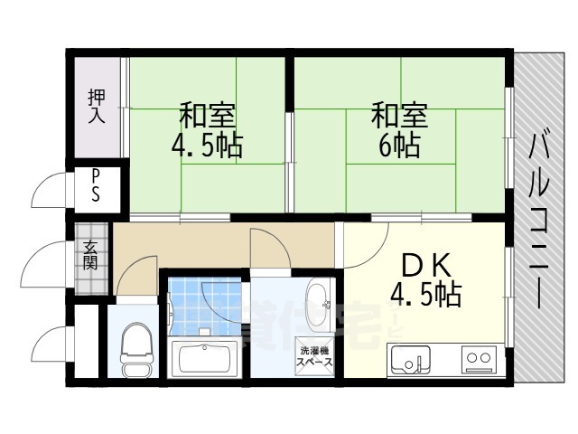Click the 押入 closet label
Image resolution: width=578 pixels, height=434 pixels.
97,107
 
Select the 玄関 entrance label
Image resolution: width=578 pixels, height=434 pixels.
91,256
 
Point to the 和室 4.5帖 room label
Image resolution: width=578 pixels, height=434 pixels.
209,131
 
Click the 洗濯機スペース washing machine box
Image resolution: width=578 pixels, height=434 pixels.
315,354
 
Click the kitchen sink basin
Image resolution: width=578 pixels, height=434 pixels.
409,361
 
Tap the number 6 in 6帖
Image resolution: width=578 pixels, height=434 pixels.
385,146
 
